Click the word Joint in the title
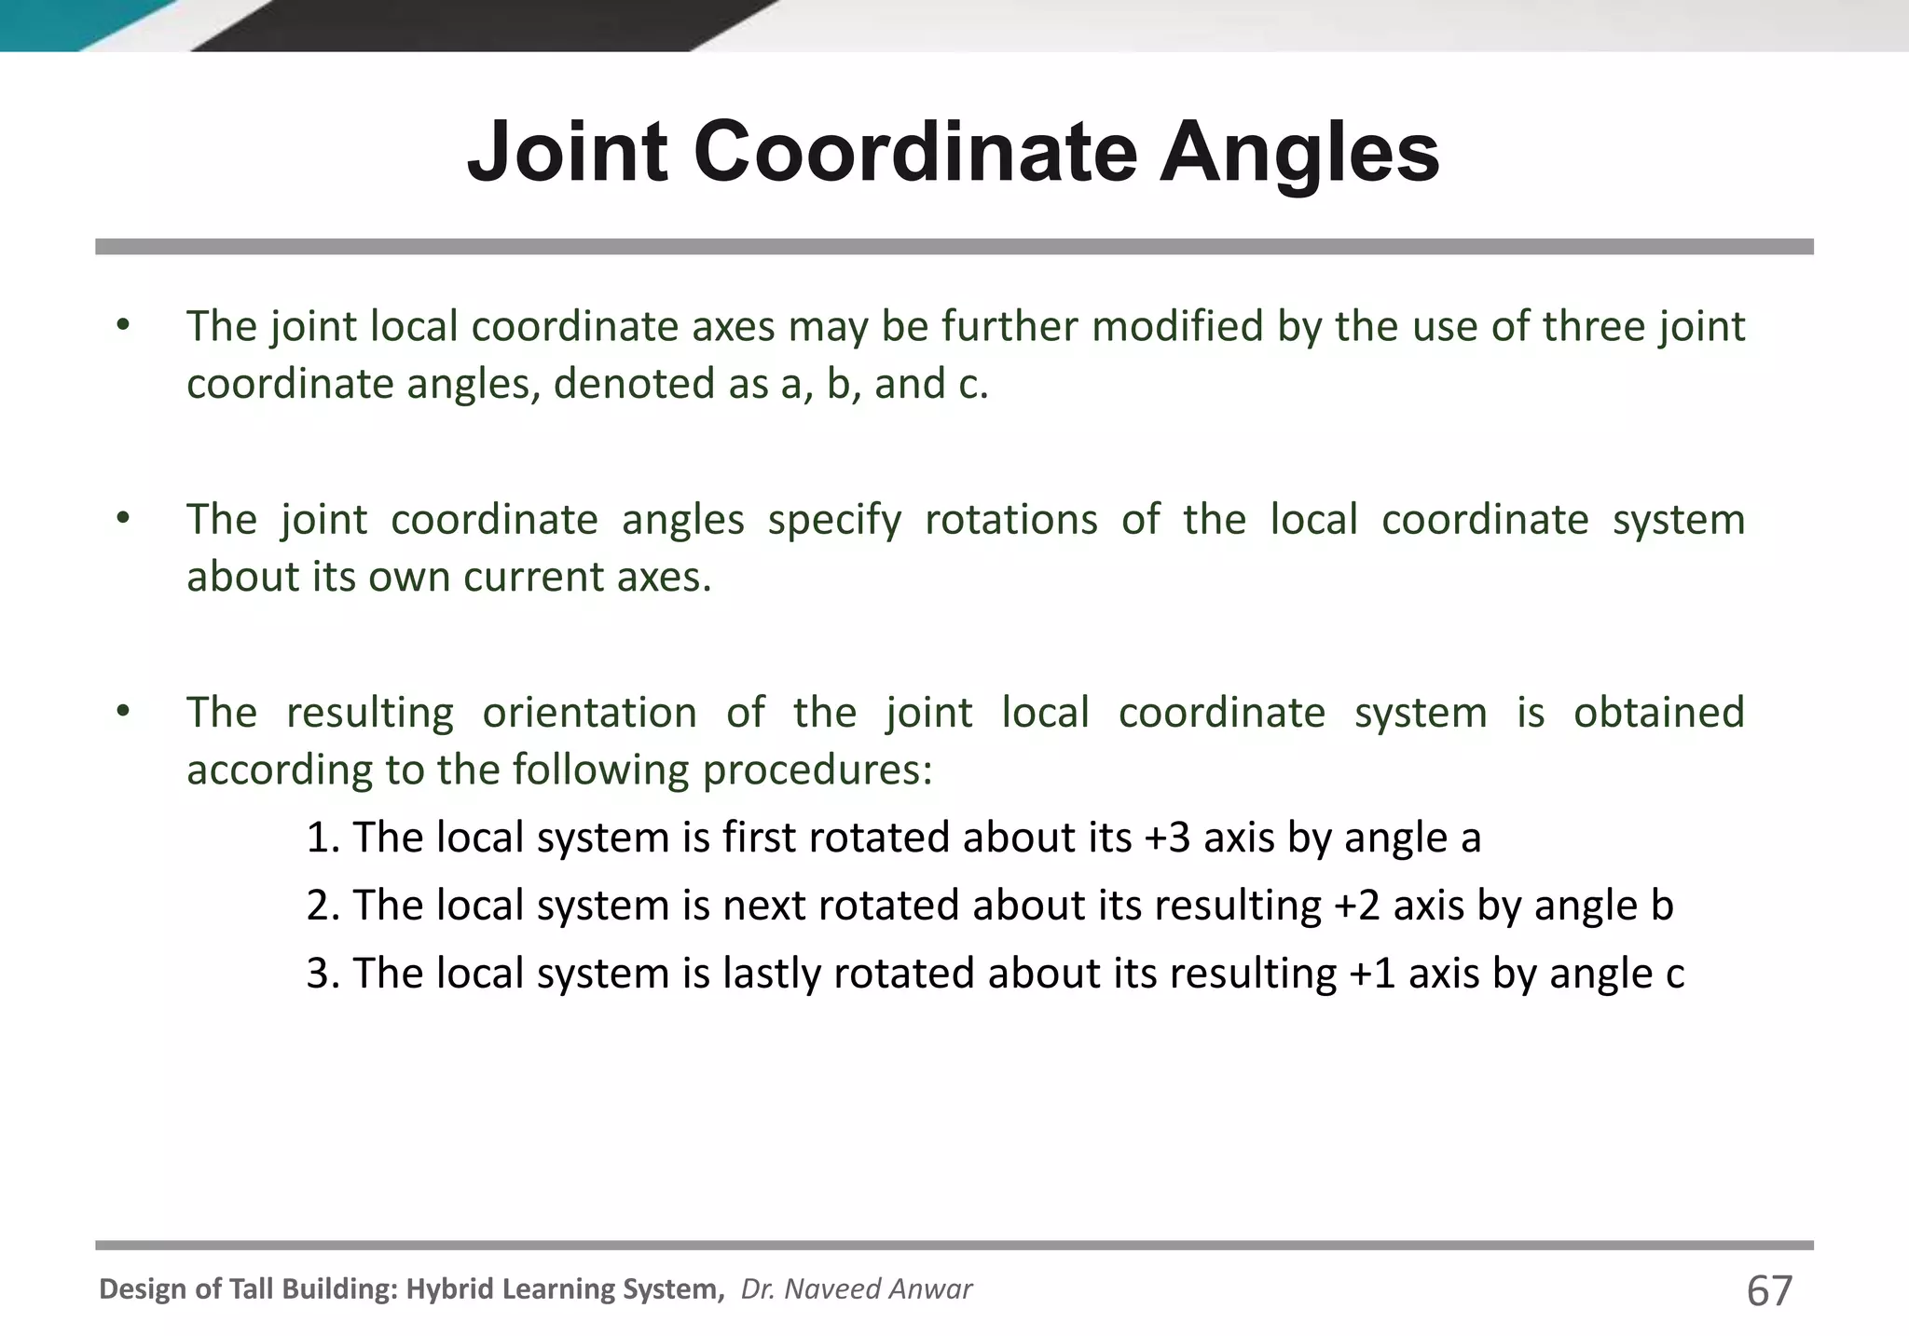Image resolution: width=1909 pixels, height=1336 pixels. click(x=568, y=152)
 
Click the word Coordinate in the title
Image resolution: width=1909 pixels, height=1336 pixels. click(x=914, y=152)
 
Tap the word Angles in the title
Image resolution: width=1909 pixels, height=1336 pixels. click(x=1299, y=152)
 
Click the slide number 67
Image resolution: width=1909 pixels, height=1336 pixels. click(x=1769, y=1290)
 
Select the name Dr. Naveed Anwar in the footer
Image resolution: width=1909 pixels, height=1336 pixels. click(x=856, y=1288)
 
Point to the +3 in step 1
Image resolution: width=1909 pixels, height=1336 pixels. click(x=1167, y=837)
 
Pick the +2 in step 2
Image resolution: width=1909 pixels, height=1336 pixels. click(x=1356, y=905)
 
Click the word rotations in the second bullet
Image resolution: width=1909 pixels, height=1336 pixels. click(x=1011, y=519)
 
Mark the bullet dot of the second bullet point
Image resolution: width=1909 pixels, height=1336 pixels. click(x=123, y=519)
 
